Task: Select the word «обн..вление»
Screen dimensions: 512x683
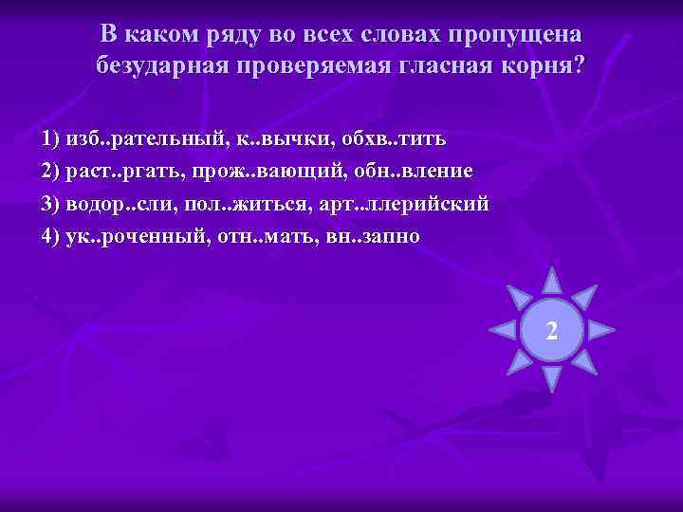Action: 404,171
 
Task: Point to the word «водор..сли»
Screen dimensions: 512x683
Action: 123,203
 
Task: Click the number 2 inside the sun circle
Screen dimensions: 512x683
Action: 551,331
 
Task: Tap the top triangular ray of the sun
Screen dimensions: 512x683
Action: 551,282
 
